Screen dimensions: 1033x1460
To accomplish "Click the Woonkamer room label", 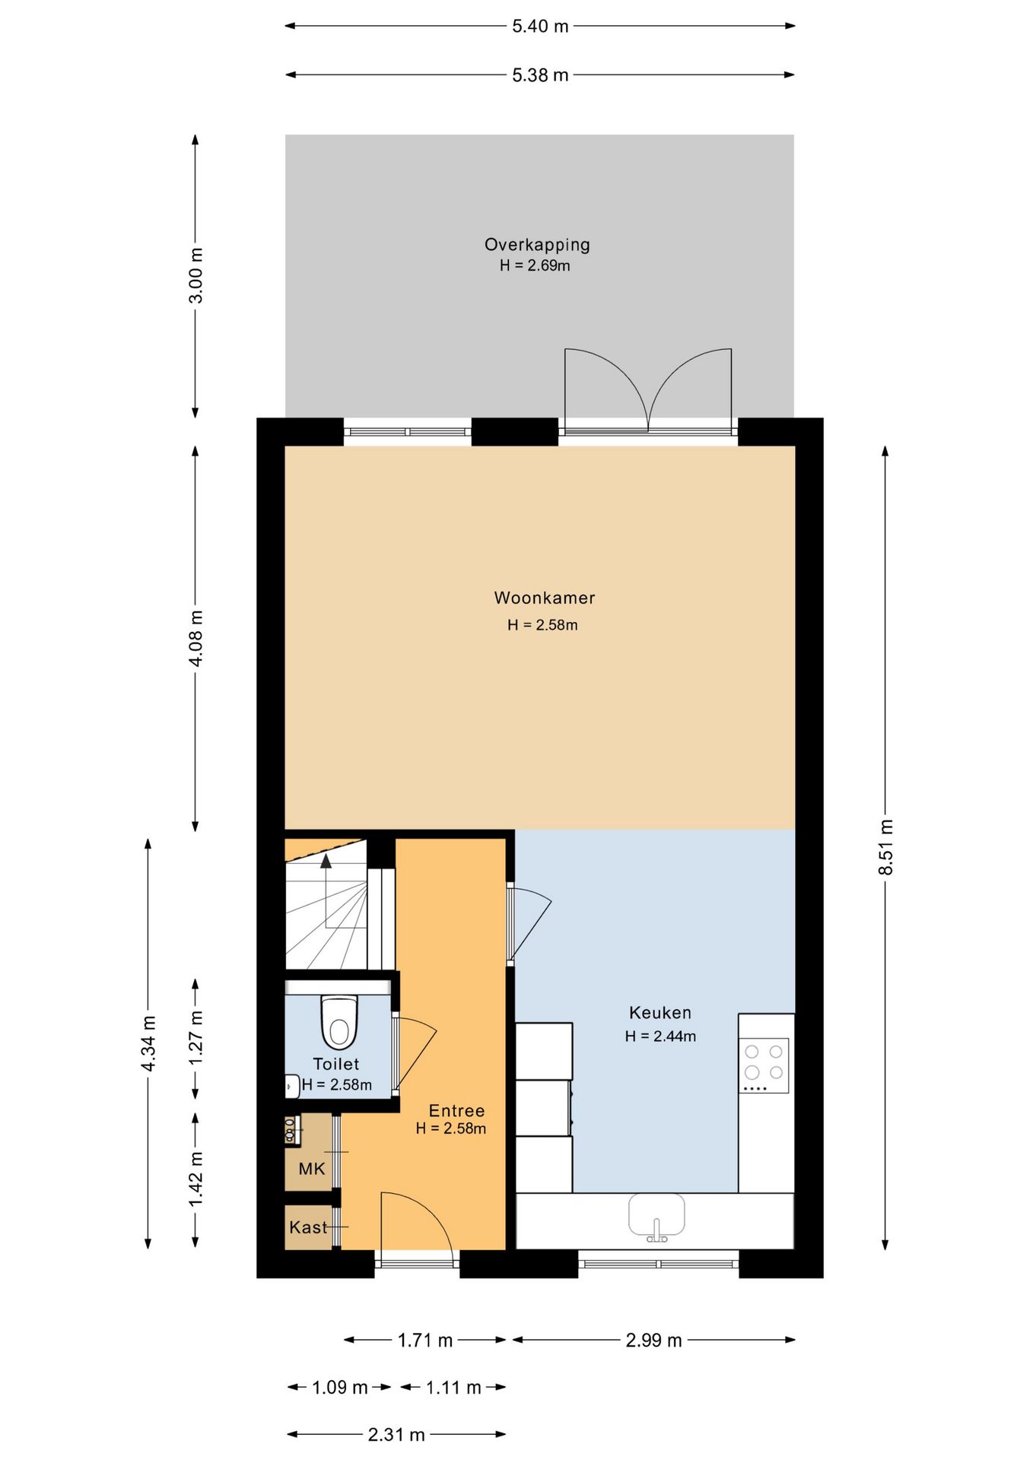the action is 545,598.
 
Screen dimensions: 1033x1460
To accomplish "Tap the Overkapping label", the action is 537,245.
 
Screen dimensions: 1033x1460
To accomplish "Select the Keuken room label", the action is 660,1013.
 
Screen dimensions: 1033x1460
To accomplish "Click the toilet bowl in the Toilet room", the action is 339,1022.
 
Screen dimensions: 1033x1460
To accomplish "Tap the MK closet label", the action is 312,1169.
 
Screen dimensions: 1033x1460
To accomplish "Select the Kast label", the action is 308,1227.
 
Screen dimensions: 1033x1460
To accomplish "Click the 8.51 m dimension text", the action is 886,847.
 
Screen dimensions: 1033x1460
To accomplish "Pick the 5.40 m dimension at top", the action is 540,26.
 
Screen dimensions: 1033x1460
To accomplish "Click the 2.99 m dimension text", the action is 653,1340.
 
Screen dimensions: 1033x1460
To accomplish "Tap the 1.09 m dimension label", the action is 340,1387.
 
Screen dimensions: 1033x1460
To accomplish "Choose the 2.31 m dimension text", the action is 396,1434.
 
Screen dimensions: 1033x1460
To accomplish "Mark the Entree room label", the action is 456,1110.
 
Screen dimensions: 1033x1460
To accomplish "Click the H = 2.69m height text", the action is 535,265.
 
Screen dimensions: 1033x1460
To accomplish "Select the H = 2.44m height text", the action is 660,1036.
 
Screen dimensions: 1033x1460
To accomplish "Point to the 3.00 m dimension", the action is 195,275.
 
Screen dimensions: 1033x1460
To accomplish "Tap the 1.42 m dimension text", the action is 195,1178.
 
